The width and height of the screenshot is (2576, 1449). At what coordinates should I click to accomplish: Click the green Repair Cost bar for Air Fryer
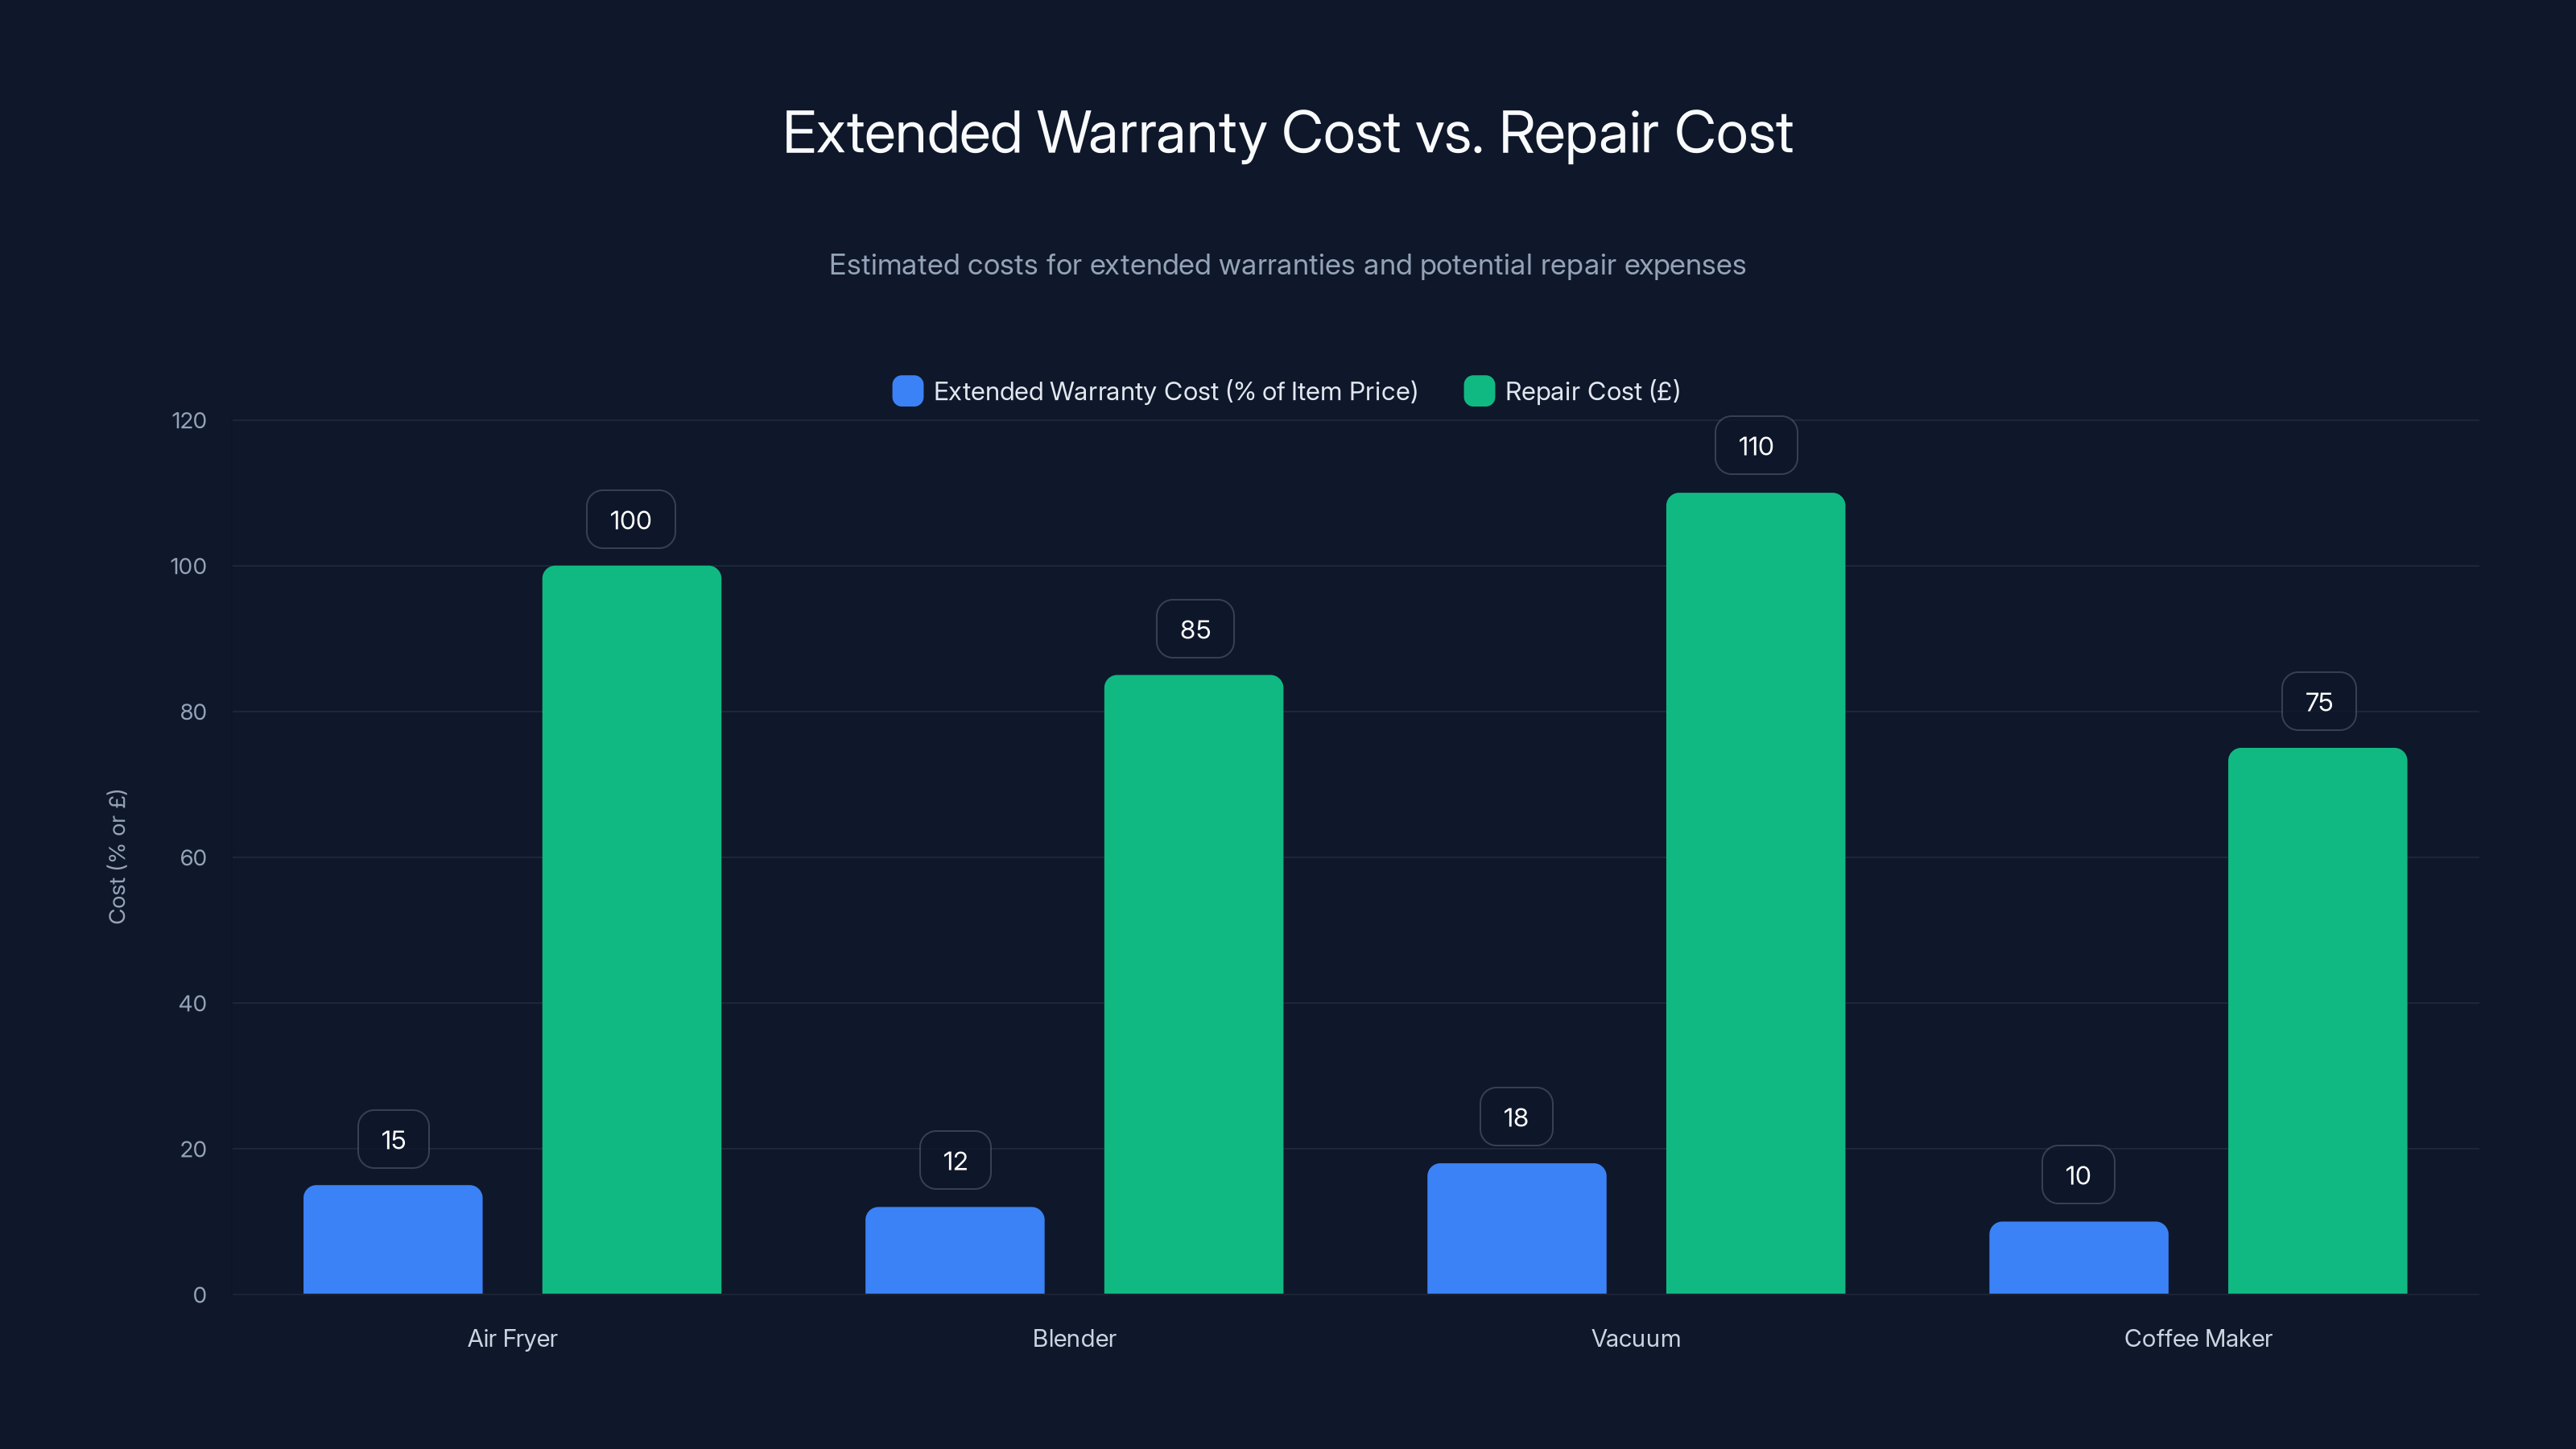point(631,930)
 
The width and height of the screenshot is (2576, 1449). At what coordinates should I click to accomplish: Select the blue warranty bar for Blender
point(954,1250)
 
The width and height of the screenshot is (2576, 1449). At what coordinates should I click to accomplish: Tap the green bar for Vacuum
point(1755,893)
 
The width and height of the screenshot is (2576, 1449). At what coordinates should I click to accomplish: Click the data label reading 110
point(1755,446)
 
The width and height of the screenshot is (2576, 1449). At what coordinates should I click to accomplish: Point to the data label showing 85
point(1194,629)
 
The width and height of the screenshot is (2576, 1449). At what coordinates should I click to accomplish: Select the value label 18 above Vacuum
point(1515,1117)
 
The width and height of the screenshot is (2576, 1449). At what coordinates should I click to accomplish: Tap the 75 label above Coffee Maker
point(2318,702)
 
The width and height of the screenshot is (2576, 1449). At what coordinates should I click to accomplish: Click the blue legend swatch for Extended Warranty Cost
point(907,391)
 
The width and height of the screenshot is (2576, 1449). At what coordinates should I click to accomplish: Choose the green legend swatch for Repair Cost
point(1478,391)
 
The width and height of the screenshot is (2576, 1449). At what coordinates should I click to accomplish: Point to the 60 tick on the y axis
point(193,858)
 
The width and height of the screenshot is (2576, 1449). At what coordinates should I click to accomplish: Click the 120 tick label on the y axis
point(189,421)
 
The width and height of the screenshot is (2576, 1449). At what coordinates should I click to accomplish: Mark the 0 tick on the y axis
point(199,1295)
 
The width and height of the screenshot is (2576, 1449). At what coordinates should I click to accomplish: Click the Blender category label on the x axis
point(1073,1338)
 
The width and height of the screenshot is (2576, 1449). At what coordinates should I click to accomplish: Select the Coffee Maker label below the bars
point(2197,1338)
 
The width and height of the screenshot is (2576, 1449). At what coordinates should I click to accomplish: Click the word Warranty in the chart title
point(1151,133)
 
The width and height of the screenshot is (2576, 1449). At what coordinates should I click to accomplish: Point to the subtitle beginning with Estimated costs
point(1287,265)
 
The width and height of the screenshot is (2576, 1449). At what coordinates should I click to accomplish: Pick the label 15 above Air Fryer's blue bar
point(393,1139)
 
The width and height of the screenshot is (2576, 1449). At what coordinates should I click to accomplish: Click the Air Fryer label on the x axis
point(512,1338)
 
